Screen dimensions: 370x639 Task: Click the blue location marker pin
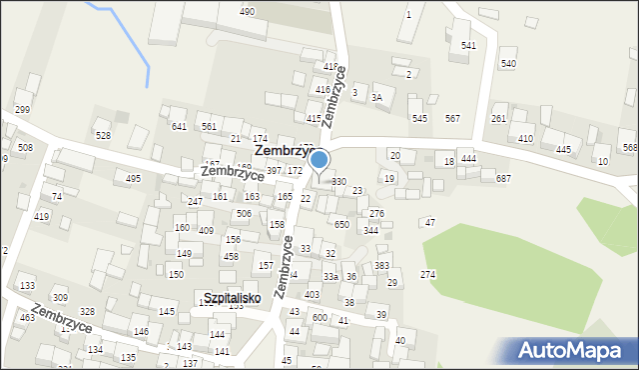pos(319,161)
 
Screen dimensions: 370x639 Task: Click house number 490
pos(247,11)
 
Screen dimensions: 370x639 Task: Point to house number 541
pos(468,46)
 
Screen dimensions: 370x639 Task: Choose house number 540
pos(508,64)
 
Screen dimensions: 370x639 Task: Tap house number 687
pos(503,178)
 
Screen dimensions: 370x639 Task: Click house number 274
pos(427,274)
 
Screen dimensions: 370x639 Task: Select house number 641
pos(179,126)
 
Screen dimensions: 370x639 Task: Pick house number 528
pos(102,135)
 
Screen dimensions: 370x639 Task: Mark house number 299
pos(22,109)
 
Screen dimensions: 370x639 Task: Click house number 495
pos(133,178)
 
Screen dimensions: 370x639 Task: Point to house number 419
pos(41,216)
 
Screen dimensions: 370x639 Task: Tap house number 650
pos(341,225)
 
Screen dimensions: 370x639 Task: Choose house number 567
pos(452,118)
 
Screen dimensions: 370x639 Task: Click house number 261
pos(499,118)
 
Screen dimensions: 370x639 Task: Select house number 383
pos(381,266)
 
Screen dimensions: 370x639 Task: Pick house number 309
pos(60,298)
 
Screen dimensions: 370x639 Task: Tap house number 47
pos(429,222)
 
